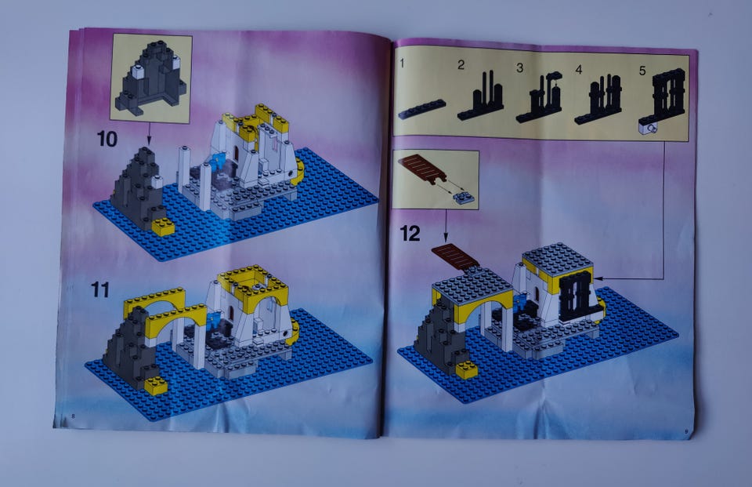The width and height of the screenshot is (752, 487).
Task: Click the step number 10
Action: [x=107, y=140]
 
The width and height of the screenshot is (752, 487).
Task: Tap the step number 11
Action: [x=100, y=290]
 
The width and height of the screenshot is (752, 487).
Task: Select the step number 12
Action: [x=410, y=234]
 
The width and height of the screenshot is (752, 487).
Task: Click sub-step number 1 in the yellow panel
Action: [x=402, y=63]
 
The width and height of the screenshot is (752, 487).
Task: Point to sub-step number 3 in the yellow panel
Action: [x=519, y=67]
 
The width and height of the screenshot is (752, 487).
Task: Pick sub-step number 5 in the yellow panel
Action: [x=642, y=71]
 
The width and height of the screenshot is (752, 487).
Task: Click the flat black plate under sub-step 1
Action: [x=421, y=108]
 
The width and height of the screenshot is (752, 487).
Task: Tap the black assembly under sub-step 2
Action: [x=481, y=96]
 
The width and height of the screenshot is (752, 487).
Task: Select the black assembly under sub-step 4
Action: [x=598, y=100]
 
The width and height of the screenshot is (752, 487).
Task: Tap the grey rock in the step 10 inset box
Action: [x=150, y=79]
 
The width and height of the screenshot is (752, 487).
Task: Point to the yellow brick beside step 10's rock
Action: [x=164, y=227]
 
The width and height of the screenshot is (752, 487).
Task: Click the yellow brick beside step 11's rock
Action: [x=157, y=385]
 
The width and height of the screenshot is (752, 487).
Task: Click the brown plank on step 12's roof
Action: [x=456, y=257]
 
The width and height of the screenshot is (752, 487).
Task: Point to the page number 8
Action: [x=73, y=416]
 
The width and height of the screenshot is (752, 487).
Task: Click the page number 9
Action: [x=686, y=432]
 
